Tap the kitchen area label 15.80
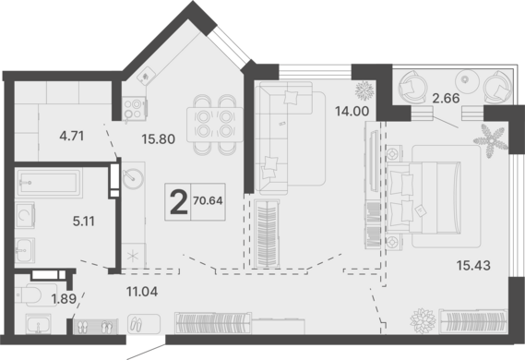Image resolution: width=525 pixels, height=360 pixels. point(159,142)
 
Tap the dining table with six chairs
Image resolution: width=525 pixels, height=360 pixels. point(209,123)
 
